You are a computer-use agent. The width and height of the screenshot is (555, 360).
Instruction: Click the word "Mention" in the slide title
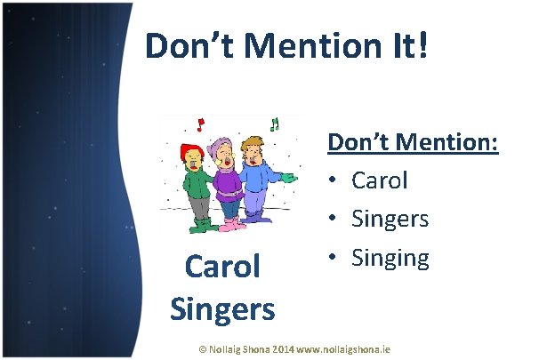click(297, 46)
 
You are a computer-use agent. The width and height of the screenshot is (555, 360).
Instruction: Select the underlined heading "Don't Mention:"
click(413, 141)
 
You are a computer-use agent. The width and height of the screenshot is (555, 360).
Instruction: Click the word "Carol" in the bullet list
click(380, 180)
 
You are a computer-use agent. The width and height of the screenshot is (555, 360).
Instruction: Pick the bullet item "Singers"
click(390, 219)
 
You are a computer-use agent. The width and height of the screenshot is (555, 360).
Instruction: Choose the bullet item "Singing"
click(390, 258)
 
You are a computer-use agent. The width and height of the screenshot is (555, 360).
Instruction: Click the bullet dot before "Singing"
click(332, 258)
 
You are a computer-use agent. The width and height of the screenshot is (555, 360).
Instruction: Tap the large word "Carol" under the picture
click(221, 266)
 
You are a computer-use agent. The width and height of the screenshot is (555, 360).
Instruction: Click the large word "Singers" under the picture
click(221, 308)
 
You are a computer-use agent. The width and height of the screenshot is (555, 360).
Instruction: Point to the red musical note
click(201, 123)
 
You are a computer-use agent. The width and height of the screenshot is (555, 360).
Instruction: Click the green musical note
click(274, 124)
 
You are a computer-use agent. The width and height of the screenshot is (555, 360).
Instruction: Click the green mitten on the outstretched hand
click(286, 178)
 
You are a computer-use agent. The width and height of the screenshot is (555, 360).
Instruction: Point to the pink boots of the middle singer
click(233, 224)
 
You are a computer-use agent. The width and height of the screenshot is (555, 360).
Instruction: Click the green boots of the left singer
click(201, 226)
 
